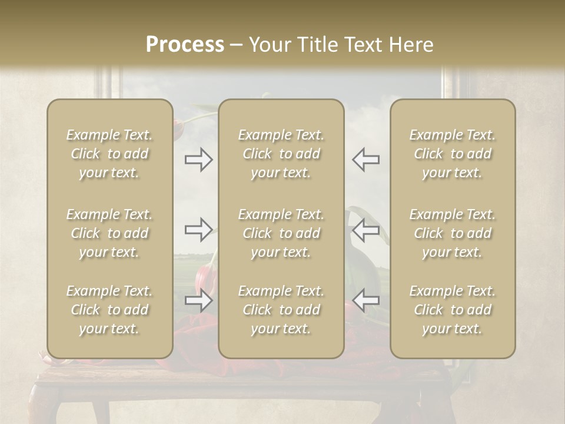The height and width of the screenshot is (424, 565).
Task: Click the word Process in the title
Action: (185, 45)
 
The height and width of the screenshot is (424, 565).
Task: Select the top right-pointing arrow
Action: (198, 160)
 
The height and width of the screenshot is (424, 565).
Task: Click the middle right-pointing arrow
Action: (198, 230)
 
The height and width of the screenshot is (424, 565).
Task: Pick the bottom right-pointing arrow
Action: (198, 300)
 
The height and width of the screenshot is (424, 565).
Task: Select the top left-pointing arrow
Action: (365, 160)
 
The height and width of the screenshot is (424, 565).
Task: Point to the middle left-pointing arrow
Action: (365, 230)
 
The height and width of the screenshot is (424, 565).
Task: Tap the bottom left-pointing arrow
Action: (365, 300)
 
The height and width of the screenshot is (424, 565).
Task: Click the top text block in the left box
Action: (109, 154)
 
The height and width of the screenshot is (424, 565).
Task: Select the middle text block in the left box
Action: (109, 233)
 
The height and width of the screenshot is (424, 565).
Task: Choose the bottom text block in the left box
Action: (109, 310)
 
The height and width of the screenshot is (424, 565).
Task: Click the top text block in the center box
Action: (281, 154)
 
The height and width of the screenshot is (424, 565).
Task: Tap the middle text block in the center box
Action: (281, 233)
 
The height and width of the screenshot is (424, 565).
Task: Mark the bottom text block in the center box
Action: (281, 310)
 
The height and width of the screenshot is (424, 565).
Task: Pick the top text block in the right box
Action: (453, 154)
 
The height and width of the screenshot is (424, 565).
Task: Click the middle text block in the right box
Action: (453, 233)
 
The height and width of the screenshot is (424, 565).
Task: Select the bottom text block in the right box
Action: (453, 310)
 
